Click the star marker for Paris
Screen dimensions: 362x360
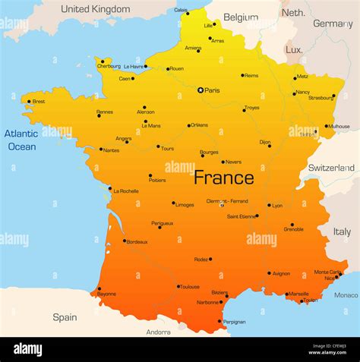(201, 90)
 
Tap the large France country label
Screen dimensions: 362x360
(223, 178)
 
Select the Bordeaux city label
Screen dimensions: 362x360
(137, 242)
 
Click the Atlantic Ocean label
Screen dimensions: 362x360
(21, 140)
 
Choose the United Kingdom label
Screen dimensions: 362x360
(96, 9)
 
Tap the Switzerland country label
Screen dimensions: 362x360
(331, 168)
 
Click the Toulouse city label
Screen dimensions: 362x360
(190, 287)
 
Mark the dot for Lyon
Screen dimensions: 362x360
(269, 205)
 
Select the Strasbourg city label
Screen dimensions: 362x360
(320, 97)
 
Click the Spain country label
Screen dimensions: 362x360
(65, 317)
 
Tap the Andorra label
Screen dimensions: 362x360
(158, 332)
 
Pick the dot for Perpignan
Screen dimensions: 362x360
(219, 321)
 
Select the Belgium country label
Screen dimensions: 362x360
(241, 17)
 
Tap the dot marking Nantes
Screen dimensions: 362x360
(100, 150)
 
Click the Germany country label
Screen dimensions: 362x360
(333, 24)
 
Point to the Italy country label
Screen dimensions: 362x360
(343, 231)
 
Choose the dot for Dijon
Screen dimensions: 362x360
(269, 145)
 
